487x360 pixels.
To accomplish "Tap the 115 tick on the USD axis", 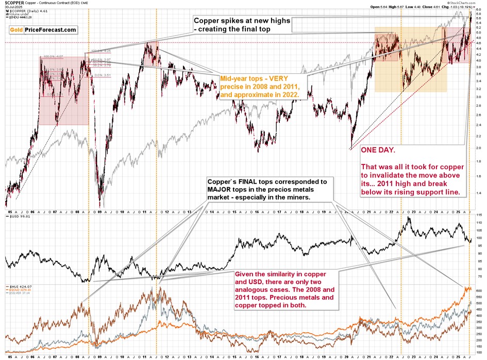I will pyautogui.click(x=478, y=214).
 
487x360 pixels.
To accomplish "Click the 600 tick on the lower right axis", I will pyautogui.click(x=479, y=291).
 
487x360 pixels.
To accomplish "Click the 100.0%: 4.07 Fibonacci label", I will pyautogui.click(x=53, y=56).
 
